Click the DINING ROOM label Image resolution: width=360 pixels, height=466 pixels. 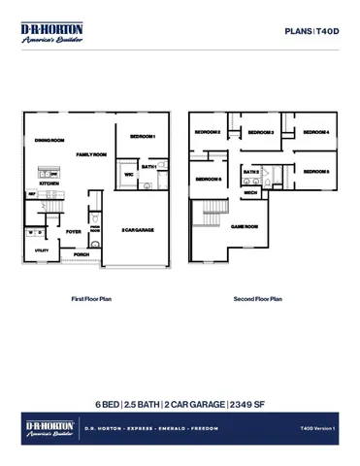point(50,140)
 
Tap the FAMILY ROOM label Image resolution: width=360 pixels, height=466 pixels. point(91,154)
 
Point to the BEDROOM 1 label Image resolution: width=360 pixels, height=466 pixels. point(143,136)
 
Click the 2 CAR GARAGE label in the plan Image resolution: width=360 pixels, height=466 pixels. point(138,230)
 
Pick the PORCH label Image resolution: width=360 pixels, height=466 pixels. point(82,254)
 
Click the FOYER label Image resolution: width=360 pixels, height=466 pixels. point(74,232)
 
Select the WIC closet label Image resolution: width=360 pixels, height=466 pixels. point(128,176)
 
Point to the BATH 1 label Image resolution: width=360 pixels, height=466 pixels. point(148,167)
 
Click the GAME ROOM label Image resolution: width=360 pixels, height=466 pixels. point(244,226)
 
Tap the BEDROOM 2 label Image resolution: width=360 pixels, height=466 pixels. point(207,132)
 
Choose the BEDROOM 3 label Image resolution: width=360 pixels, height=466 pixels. point(260,132)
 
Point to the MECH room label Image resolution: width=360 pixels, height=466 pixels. point(250,193)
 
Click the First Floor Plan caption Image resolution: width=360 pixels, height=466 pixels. point(92,299)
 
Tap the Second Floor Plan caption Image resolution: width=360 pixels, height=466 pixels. point(257,299)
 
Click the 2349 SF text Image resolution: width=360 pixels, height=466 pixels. point(248,404)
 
